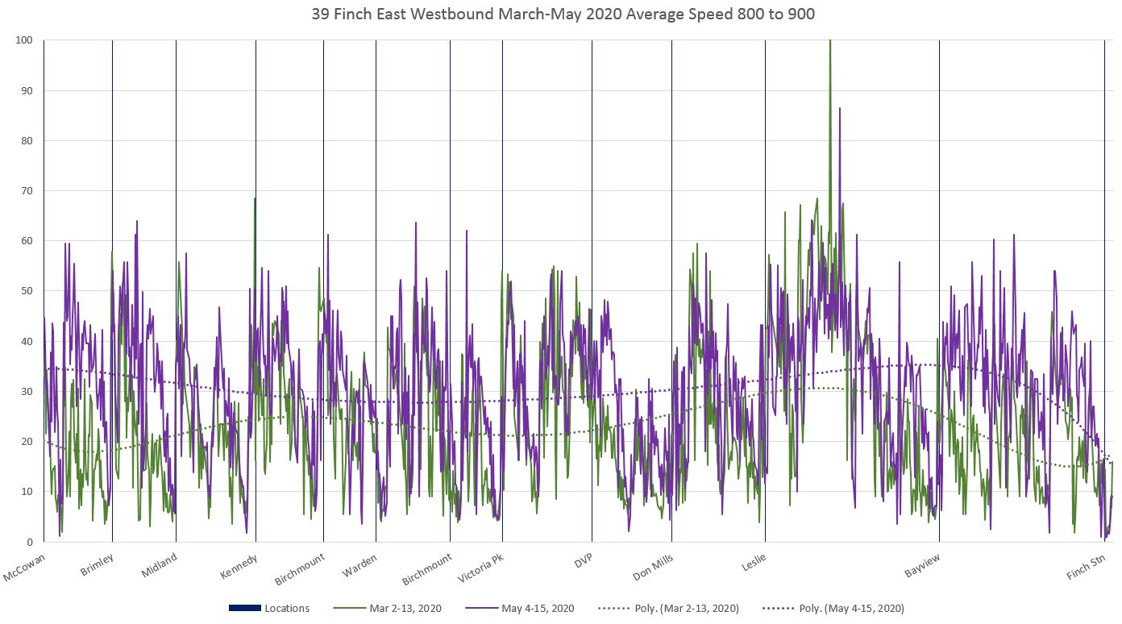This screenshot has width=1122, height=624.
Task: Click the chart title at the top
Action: coord(561,15)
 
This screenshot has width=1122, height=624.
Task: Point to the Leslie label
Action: coord(754,562)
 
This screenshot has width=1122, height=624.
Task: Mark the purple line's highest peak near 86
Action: coord(839,108)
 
